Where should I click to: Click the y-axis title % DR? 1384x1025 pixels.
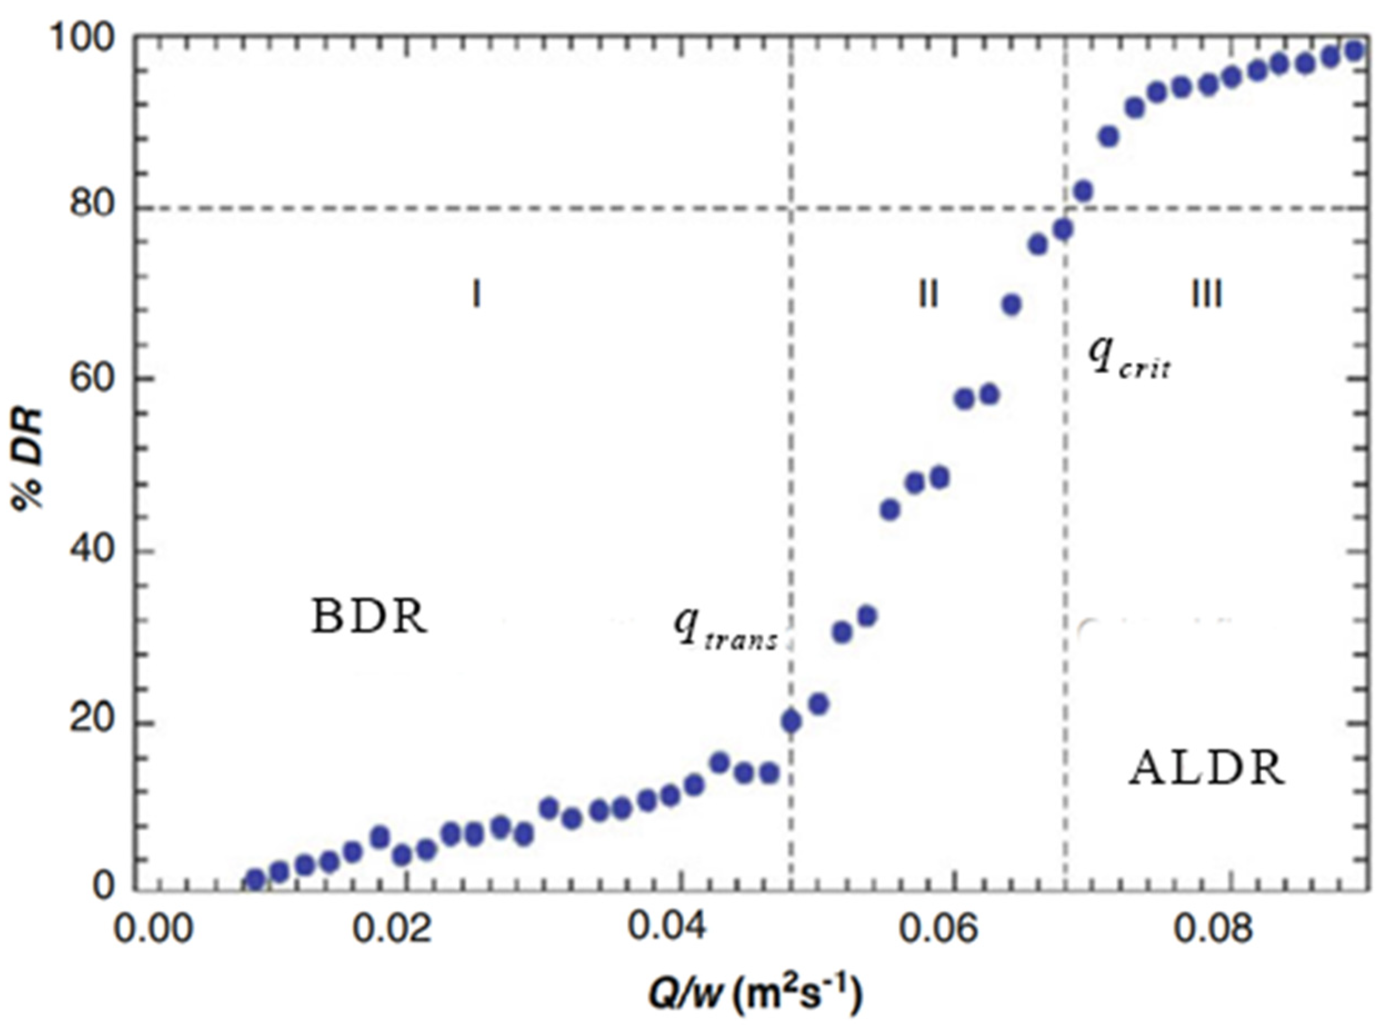click(28, 459)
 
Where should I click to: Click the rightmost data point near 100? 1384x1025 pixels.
click(1354, 51)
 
